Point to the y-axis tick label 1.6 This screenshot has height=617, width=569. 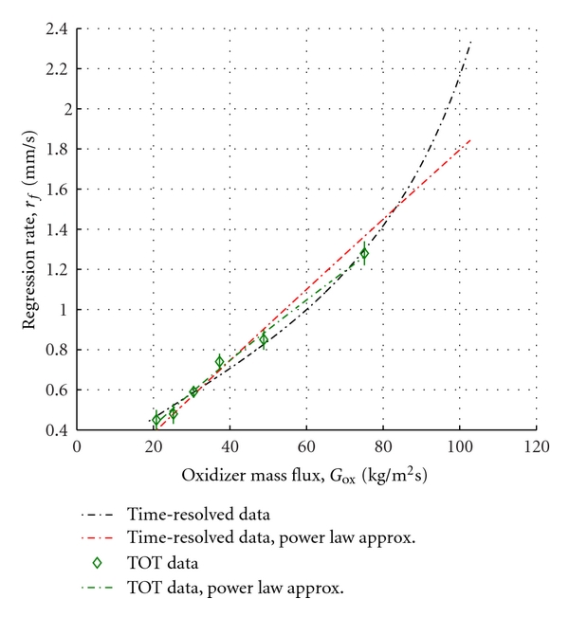point(55,190)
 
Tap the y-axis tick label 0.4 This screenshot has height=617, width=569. point(55,430)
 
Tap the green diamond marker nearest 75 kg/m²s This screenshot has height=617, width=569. point(364,253)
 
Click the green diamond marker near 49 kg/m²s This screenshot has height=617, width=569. point(264,339)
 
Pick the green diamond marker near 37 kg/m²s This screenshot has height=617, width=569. point(220,362)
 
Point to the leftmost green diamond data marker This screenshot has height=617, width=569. point(156,419)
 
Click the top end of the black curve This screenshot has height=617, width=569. point(470,42)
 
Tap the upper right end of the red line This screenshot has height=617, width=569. point(470,139)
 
